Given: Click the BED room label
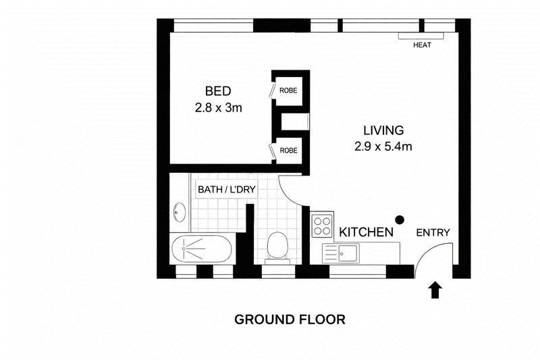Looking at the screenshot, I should [x=218, y=91].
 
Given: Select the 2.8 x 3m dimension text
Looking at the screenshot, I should [x=218, y=107].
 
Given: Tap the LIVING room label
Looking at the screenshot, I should [x=383, y=130].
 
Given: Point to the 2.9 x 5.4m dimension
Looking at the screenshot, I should [x=383, y=147].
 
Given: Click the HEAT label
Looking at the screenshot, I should [x=423, y=46].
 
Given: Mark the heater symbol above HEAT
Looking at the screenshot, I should [x=410, y=35].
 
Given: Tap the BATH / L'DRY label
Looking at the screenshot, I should [x=226, y=190].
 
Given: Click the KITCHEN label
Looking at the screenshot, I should [x=366, y=232].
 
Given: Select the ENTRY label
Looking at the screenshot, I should [x=433, y=232].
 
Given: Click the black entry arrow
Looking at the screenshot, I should [x=435, y=290].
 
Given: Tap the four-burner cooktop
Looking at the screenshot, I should [x=323, y=225].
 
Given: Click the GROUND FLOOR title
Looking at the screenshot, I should [x=290, y=319].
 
